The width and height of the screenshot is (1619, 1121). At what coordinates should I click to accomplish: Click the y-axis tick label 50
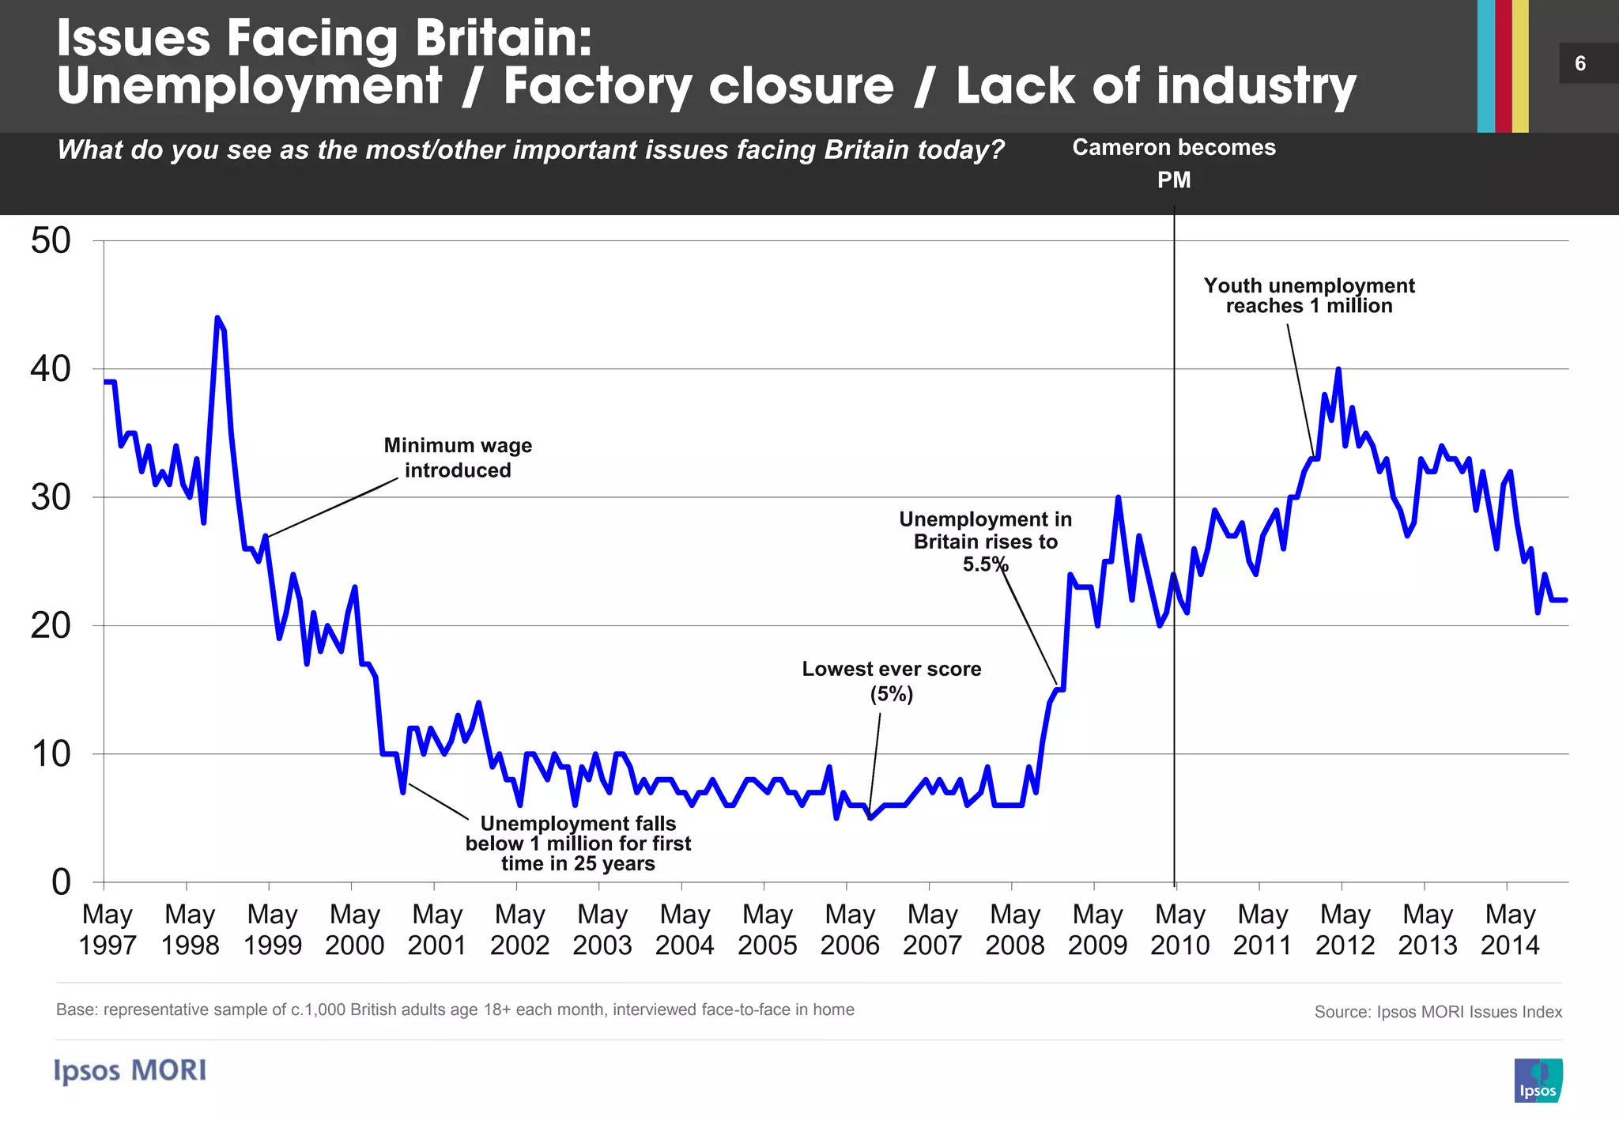(x=51, y=241)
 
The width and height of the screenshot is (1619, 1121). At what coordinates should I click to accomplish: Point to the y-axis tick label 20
(x=51, y=626)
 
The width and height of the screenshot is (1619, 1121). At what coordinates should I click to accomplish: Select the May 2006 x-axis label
(x=850, y=930)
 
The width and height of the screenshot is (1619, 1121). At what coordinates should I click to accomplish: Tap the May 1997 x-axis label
(x=108, y=930)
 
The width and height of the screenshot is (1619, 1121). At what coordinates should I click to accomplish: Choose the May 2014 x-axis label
(x=1510, y=930)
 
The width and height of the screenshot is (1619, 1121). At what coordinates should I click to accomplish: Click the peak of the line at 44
(x=217, y=319)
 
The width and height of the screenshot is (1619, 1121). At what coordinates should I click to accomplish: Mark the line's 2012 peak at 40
(x=1338, y=369)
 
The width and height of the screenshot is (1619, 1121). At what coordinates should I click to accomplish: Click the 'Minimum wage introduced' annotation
(x=458, y=458)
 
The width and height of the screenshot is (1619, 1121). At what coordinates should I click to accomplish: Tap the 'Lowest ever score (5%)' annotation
(x=892, y=681)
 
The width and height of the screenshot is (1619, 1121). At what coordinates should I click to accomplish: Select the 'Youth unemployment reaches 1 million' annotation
(x=1309, y=296)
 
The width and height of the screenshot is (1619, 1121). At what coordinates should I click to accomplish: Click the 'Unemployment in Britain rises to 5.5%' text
(x=985, y=542)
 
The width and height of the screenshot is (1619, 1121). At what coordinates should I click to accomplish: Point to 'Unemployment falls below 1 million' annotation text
(x=578, y=844)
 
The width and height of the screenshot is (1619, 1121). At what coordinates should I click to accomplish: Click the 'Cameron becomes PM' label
(x=1174, y=163)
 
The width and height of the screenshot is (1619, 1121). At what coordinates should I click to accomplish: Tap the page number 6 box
(x=1581, y=63)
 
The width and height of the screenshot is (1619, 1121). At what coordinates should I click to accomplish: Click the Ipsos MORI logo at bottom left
(x=130, y=1070)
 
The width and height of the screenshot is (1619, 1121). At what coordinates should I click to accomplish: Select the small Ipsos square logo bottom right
(x=1538, y=1080)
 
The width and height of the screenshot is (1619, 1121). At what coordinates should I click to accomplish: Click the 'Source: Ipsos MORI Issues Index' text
(x=1438, y=1012)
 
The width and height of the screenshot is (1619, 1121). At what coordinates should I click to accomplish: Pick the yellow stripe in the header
(x=1520, y=66)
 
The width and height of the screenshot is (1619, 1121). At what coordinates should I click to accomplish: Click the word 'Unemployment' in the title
(x=250, y=86)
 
